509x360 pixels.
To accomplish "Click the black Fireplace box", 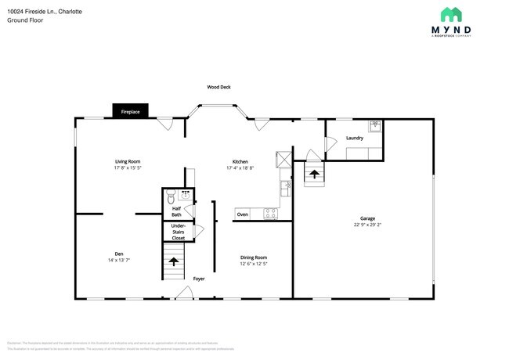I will click(x=130, y=111).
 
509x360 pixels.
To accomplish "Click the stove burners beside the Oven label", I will click(x=271, y=213).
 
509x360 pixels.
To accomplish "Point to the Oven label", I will click(x=243, y=214).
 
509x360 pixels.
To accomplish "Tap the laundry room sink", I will click(x=374, y=125).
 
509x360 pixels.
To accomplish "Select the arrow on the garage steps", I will click(x=315, y=174).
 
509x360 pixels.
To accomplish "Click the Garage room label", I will click(x=367, y=218).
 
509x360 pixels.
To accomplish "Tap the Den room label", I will click(x=119, y=253).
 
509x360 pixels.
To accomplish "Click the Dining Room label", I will click(x=254, y=257).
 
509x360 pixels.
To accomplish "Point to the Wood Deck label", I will click(x=218, y=87).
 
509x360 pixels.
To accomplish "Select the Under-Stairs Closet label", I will click(x=179, y=232).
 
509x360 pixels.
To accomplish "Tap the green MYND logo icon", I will click(x=450, y=14).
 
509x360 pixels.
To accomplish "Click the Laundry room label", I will click(x=354, y=139).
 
